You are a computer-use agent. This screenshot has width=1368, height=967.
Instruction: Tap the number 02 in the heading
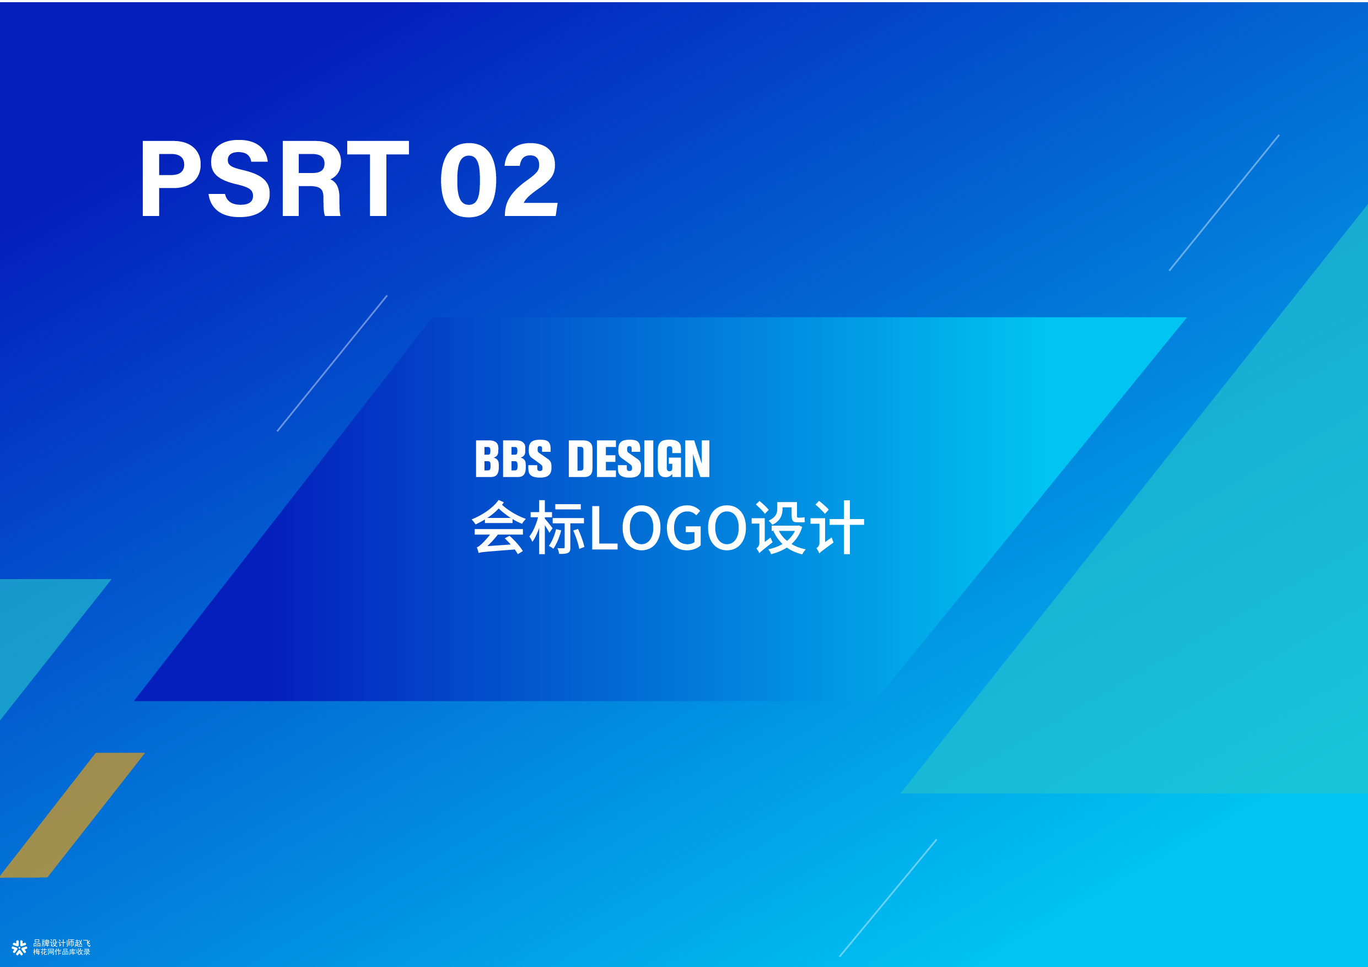point(499,179)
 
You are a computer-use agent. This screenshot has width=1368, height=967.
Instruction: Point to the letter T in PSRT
point(378,179)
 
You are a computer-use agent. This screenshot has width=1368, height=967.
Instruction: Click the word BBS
point(513,459)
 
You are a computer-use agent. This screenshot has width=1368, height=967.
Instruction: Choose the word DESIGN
point(639,459)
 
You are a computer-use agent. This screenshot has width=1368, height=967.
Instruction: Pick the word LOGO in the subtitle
point(668,527)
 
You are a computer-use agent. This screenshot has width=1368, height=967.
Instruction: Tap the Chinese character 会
point(499,527)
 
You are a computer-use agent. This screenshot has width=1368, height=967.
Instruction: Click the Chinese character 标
point(557,527)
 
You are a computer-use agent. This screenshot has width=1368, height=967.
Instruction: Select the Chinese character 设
point(780,527)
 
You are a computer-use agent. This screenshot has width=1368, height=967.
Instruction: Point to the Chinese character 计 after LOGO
point(838,527)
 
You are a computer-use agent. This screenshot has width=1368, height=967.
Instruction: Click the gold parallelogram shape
point(72,815)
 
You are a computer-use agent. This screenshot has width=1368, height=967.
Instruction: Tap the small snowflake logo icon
point(19,947)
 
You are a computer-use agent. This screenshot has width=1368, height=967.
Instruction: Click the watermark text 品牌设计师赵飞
point(62,943)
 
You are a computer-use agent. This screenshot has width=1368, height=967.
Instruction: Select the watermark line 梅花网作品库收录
point(62,952)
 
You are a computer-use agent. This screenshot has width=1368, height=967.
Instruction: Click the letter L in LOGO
point(603,527)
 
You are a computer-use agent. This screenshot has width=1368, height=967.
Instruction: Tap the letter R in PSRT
point(311,179)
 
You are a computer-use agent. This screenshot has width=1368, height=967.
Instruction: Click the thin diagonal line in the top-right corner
point(1224,203)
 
